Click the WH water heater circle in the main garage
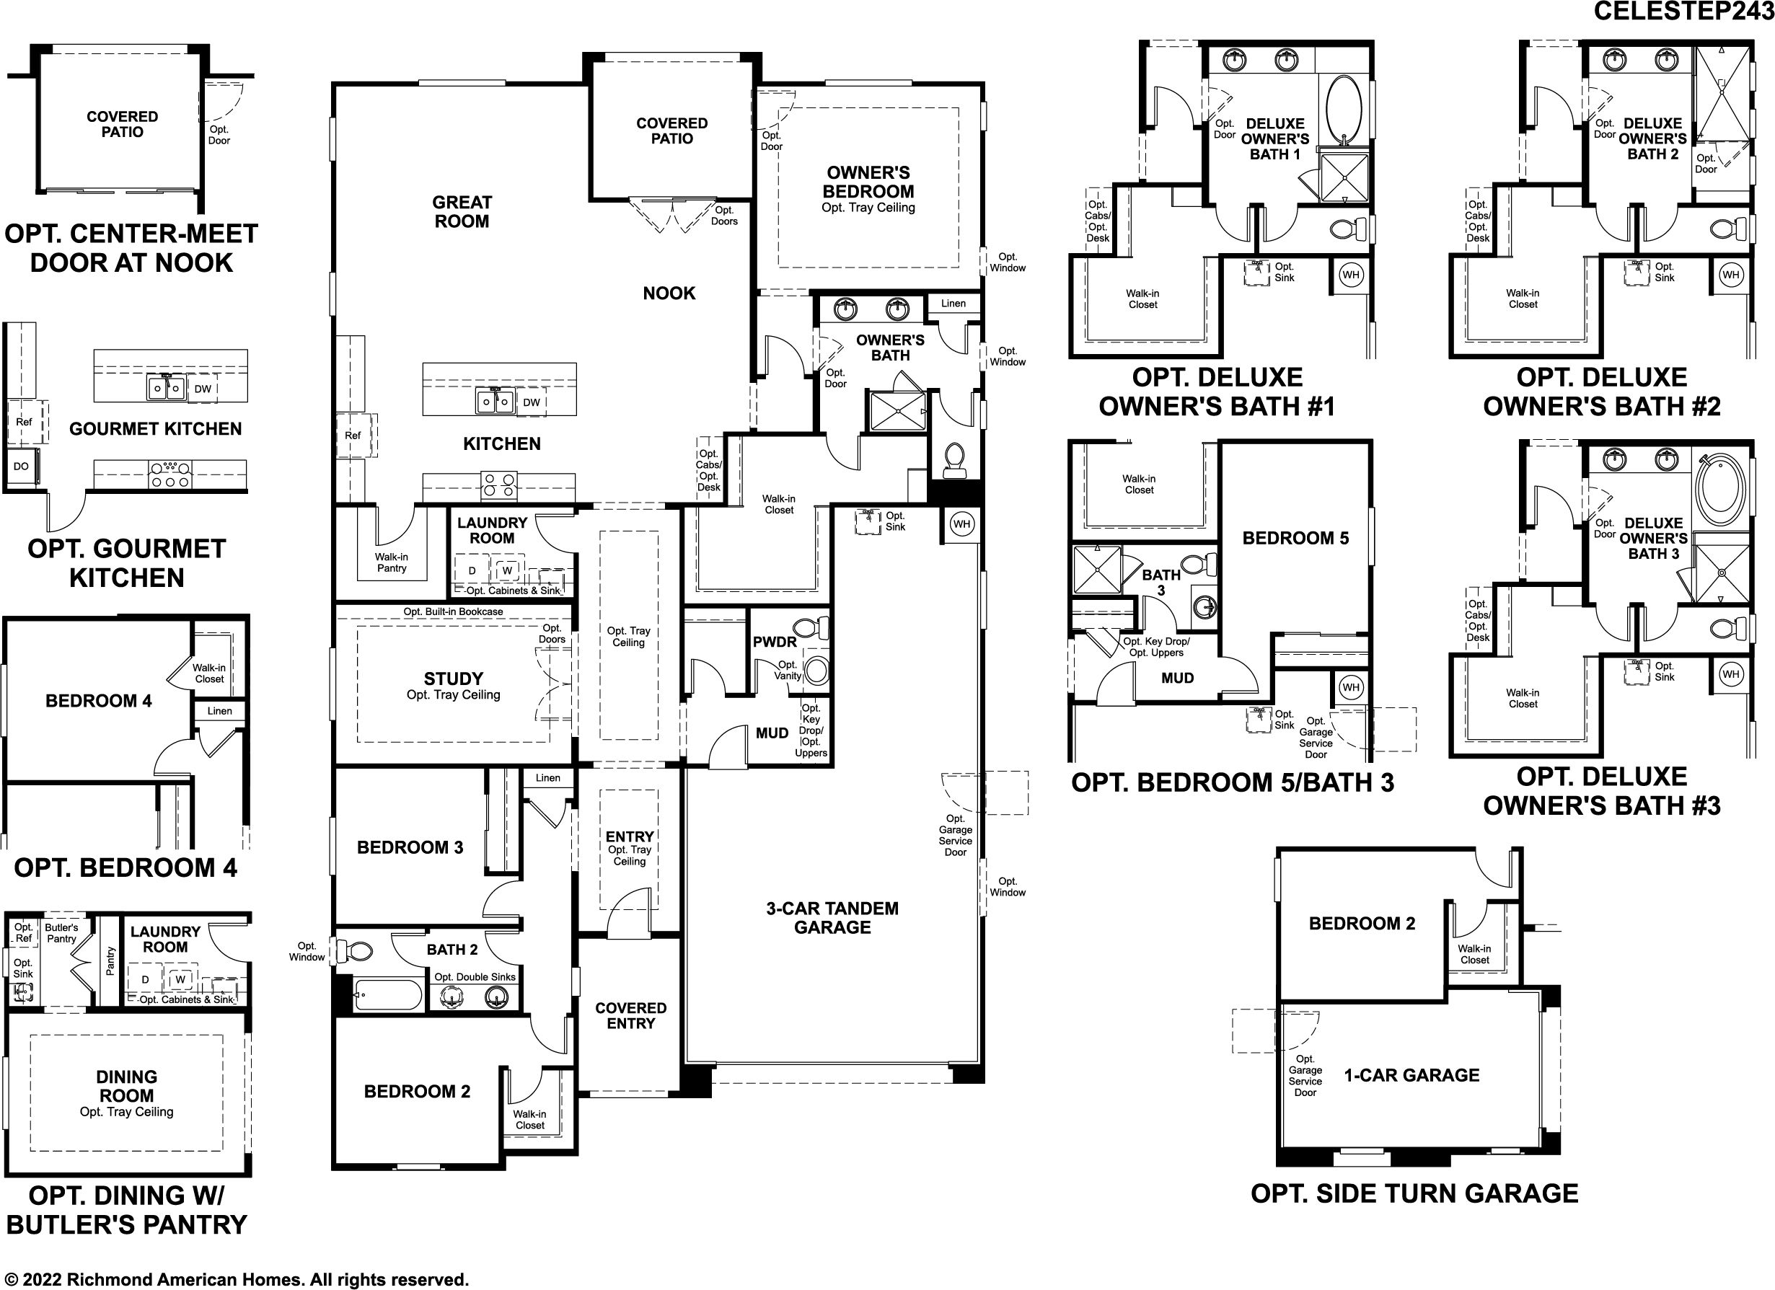962,524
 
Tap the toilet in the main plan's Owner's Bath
954,460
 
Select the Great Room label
462,212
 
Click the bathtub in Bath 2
387,995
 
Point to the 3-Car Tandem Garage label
832,918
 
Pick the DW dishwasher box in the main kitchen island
532,403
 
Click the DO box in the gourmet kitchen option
21,467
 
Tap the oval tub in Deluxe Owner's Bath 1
1345,109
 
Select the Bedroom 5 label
1295,538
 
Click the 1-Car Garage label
1412,1075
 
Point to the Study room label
453,679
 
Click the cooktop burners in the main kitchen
498,486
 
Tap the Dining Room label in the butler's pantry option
126,1087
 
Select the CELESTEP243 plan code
1683,11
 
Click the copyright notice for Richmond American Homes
237,1280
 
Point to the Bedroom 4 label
99,701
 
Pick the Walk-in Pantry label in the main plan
392,562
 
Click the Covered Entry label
631,1015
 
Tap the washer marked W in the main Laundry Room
507,570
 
